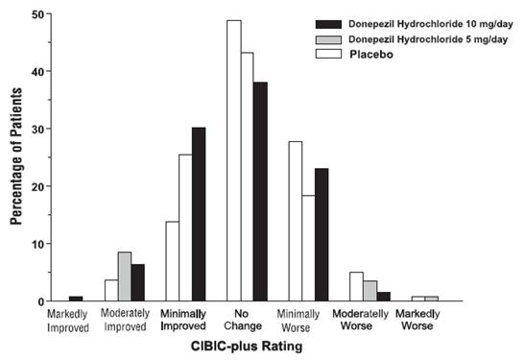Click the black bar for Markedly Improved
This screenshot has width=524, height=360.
[75, 299]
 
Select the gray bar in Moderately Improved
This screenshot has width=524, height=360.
[124, 276]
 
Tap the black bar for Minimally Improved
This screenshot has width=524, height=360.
[199, 214]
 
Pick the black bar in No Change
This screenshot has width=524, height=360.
[260, 192]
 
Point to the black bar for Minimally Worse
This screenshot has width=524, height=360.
[322, 235]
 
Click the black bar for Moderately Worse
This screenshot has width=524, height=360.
[384, 297]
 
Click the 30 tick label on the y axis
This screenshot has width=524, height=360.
[33, 129]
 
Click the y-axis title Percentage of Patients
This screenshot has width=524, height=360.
[15, 158]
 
